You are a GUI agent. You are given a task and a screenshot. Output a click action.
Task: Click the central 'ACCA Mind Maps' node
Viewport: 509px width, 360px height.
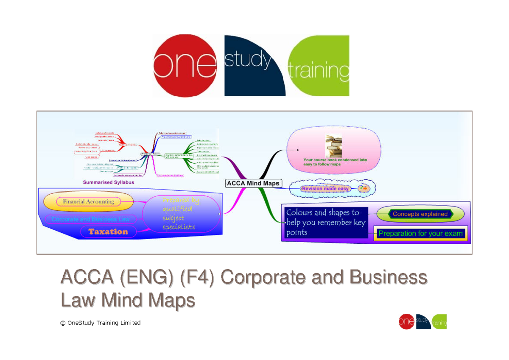pyautogui.click(x=253, y=183)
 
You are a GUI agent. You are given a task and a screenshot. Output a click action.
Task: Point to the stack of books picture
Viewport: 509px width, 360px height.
pyautogui.click(x=333, y=145)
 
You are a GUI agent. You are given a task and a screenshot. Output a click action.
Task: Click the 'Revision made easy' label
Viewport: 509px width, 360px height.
pyautogui.click(x=325, y=189)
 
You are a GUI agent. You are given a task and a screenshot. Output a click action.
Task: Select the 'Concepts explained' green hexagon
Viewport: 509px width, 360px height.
pyautogui.click(x=420, y=214)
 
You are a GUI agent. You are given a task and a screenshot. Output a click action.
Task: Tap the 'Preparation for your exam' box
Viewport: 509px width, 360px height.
pyautogui.click(x=420, y=234)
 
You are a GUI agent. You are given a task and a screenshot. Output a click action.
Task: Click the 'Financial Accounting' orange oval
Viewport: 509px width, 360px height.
pyautogui.click(x=88, y=202)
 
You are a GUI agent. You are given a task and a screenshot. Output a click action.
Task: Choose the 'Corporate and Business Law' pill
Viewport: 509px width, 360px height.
pyautogui.click(x=90, y=220)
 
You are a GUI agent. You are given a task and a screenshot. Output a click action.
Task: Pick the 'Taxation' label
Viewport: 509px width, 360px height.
pyautogui.click(x=108, y=232)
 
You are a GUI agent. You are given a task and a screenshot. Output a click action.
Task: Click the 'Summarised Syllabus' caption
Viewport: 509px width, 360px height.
pyautogui.click(x=108, y=182)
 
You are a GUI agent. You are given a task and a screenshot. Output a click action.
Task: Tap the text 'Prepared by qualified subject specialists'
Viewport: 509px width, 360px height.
pyautogui.click(x=180, y=214)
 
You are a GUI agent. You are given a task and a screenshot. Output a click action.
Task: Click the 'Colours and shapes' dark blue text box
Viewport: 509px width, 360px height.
pyautogui.click(x=324, y=223)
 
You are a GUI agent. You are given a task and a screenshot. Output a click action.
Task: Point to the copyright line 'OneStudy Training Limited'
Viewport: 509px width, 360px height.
pyautogui.click(x=100, y=323)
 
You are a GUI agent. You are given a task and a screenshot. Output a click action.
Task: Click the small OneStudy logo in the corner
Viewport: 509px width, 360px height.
pyautogui.click(x=422, y=322)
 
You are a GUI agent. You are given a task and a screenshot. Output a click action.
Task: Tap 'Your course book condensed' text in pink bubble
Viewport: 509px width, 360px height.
pyautogui.click(x=335, y=162)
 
